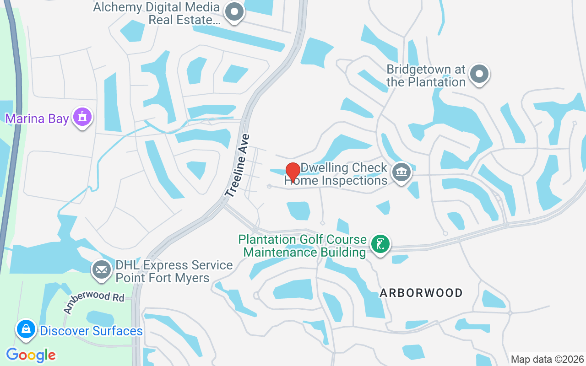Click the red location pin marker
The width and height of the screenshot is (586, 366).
coord(293,172)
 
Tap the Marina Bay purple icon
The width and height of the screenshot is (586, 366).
coord(82,117)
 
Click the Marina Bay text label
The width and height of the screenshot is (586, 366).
coord(37,119)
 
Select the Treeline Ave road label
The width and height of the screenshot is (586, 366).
coord(238,166)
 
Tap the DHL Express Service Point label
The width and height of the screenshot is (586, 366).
coord(174,271)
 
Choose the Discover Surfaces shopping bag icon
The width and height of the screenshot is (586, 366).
coord(26,329)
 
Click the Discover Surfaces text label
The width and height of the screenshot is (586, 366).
coord(92,331)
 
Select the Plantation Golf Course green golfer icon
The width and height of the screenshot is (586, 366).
coord(380,244)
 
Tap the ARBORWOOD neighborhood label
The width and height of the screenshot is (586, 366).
coord(421,293)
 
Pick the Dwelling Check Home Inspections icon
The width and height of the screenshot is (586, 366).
coord(402,172)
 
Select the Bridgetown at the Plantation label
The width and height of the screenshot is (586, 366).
coord(426,76)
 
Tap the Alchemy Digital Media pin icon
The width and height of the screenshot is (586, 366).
coord(235,12)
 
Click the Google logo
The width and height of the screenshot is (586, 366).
coord(31,355)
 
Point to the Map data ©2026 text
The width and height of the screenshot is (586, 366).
coord(548,359)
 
